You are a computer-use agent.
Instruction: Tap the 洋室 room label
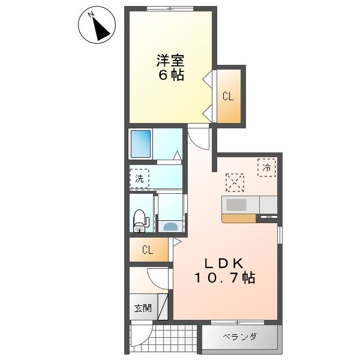pyautogui.click(x=170, y=61)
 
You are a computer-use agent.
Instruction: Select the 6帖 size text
pyautogui.click(x=171, y=76)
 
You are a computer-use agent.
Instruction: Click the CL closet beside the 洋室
pyautogui.click(x=228, y=96)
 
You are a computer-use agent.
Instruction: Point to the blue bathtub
pyautogui.click(x=142, y=143)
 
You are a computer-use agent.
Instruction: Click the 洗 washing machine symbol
pyautogui.click(x=139, y=178)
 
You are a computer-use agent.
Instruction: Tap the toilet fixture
pyautogui.click(x=140, y=220)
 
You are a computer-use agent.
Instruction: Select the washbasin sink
pyautogui.click(x=170, y=226)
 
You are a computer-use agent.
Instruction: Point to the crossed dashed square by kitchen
pyautogui.click(x=235, y=182)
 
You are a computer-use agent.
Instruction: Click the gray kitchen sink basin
pyautogui.click(x=236, y=205)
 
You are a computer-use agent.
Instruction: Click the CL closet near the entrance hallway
pyautogui.click(x=147, y=250)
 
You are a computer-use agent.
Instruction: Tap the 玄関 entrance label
pyautogui.click(x=142, y=308)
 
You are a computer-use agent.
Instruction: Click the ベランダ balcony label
pyautogui.click(x=239, y=337)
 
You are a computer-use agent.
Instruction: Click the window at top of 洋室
pyautogui.click(x=170, y=8)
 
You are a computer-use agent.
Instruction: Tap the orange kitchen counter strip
pyautogui.click(x=238, y=218)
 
